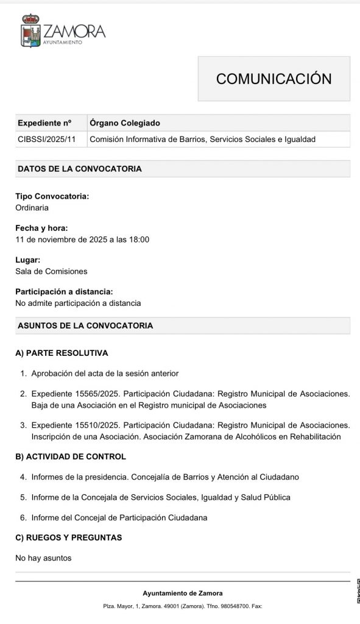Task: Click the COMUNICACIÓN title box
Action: coord(274,79)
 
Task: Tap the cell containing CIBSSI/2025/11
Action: coord(47,140)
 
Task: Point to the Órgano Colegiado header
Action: coord(125,122)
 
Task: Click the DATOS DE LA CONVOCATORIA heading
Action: coord(80,169)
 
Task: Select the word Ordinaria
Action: coord(32,207)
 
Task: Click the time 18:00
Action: coord(138,239)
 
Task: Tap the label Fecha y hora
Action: coord(41,229)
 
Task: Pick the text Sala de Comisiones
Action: coord(51,271)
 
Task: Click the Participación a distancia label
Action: coord(64,292)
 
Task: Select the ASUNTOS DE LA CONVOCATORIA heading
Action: coord(85,325)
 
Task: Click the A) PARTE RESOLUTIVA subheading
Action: coord(62,353)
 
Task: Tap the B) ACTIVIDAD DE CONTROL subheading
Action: coord(71,456)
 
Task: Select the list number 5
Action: coord(23,497)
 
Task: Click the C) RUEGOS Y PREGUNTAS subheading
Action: coord(69,537)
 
